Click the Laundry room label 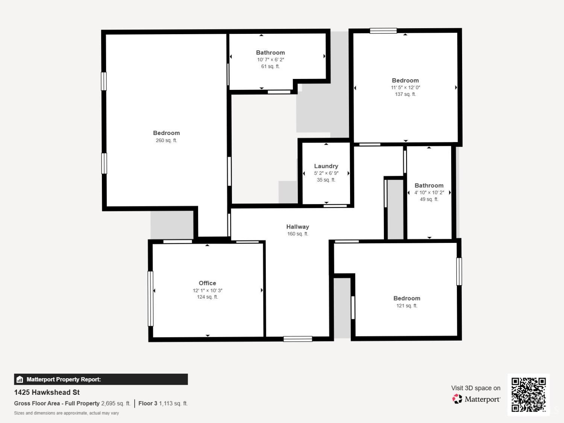tap(326, 166)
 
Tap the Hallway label tap(297, 226)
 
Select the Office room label tap(207, 283)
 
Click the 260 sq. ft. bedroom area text tap(166, 140)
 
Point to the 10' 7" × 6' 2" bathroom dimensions tap(270, 59)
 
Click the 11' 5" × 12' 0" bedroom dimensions tap(405, 87)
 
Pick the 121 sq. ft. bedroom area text tap(407, 306)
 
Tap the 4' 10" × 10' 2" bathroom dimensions tap(429, 193)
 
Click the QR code tap(529, 394)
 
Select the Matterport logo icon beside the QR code tap(457, 399)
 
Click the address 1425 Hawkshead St tap(47, 392)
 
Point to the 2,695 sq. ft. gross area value tap(116, 403)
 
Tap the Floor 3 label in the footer tap(148, 403)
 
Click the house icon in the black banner tap(20, 379)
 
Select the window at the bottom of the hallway tap(298, 339)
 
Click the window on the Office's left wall tap(150, 299)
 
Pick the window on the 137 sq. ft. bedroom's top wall tap(383, 31)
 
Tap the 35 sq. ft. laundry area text tap(326, 180)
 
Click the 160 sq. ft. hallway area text tap(297, 234)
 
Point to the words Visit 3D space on tap(476, 388)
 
